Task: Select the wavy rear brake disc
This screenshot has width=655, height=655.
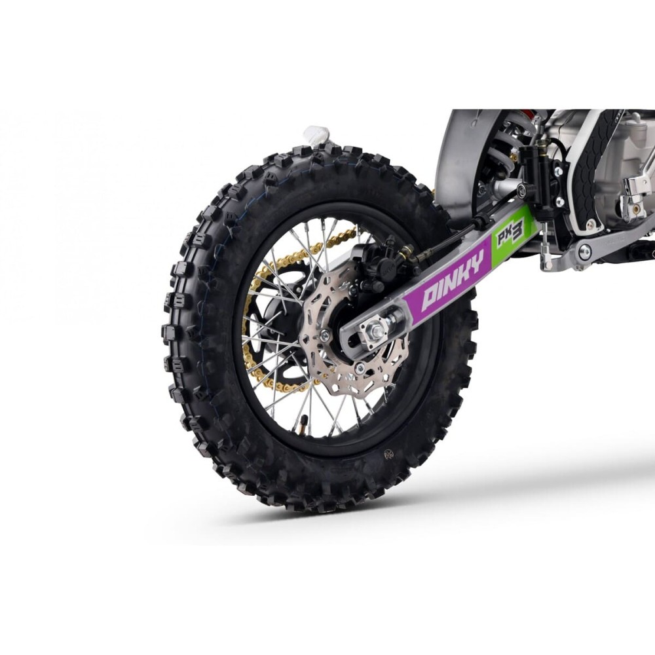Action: tap(327, 341)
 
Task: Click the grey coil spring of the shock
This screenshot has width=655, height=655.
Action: tap(508, 148)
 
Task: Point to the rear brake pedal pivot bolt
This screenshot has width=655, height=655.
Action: tap(585, 251)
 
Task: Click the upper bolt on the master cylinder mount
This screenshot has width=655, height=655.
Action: tap(556, 172)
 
